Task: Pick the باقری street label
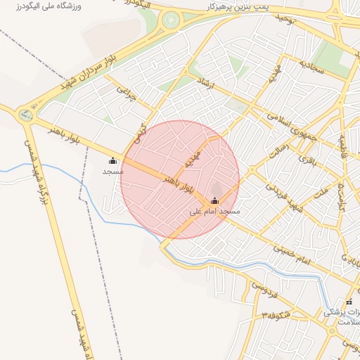tap(309, 159)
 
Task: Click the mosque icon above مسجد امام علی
tap(214, 201)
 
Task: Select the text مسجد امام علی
tap(215, 211)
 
